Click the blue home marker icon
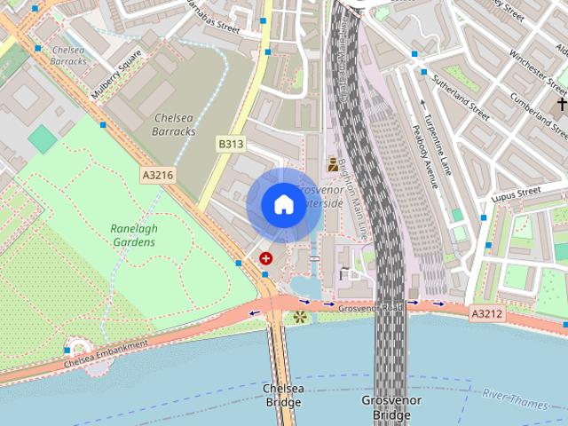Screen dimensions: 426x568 (x=283, y=204)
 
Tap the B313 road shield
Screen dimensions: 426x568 (x=231, y=143)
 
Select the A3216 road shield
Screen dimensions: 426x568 (x=157, y=176)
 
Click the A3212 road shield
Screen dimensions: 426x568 (x=486, y=313)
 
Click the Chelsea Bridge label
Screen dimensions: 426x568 (x=283, y=395)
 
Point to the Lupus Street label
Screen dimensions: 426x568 (x=517, y=192)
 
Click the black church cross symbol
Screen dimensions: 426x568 (x=562, y=105)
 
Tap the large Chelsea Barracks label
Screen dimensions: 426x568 (x=174, y=124)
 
